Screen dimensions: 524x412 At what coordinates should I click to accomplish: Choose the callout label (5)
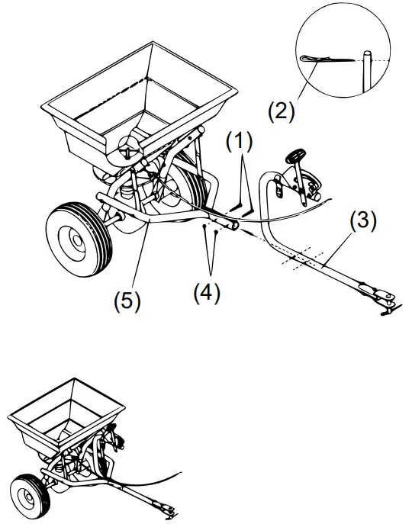point(127,300)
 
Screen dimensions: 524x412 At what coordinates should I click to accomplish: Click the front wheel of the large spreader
point(77,234)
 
